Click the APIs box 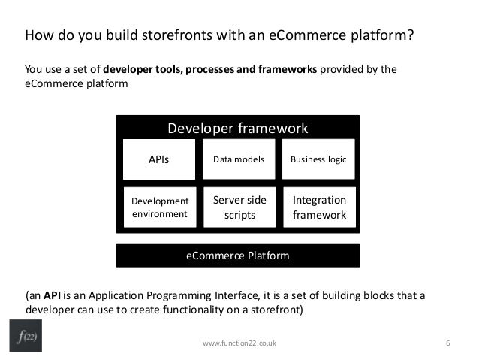159,159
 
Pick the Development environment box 159,207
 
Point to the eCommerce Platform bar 237,256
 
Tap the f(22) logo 28,336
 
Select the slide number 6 447,343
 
